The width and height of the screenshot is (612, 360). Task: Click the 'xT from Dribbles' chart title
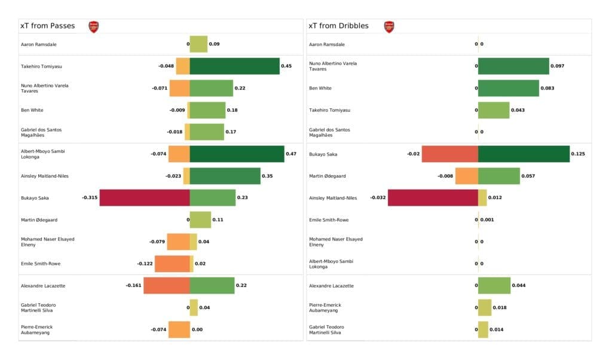pos(338,26)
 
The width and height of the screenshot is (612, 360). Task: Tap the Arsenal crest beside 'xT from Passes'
pos(93,26)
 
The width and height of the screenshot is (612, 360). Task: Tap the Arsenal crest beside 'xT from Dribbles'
pos(389,26)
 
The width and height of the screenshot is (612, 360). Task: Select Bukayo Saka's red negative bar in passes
pos(145,198)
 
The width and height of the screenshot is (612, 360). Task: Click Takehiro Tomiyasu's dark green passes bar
pos(234,66)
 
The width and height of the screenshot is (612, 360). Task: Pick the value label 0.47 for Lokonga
pos(291,154)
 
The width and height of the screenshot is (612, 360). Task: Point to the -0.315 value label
pos(90,198)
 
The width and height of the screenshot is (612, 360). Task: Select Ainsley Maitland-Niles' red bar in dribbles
pos(433,198)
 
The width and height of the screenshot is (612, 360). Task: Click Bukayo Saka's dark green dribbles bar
pos(524,154)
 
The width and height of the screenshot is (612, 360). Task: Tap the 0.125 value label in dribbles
pos(578,154)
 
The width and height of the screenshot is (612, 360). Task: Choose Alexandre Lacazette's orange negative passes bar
pos(166,286)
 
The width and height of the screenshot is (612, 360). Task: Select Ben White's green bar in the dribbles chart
pos(508,88)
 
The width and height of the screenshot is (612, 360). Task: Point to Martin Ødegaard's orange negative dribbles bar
pos(466,176)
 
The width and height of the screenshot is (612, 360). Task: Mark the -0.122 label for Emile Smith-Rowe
pos(145,264)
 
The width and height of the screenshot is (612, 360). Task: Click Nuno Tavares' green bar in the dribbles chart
pos(513,66)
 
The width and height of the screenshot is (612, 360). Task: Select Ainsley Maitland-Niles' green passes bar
pos(225,176)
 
